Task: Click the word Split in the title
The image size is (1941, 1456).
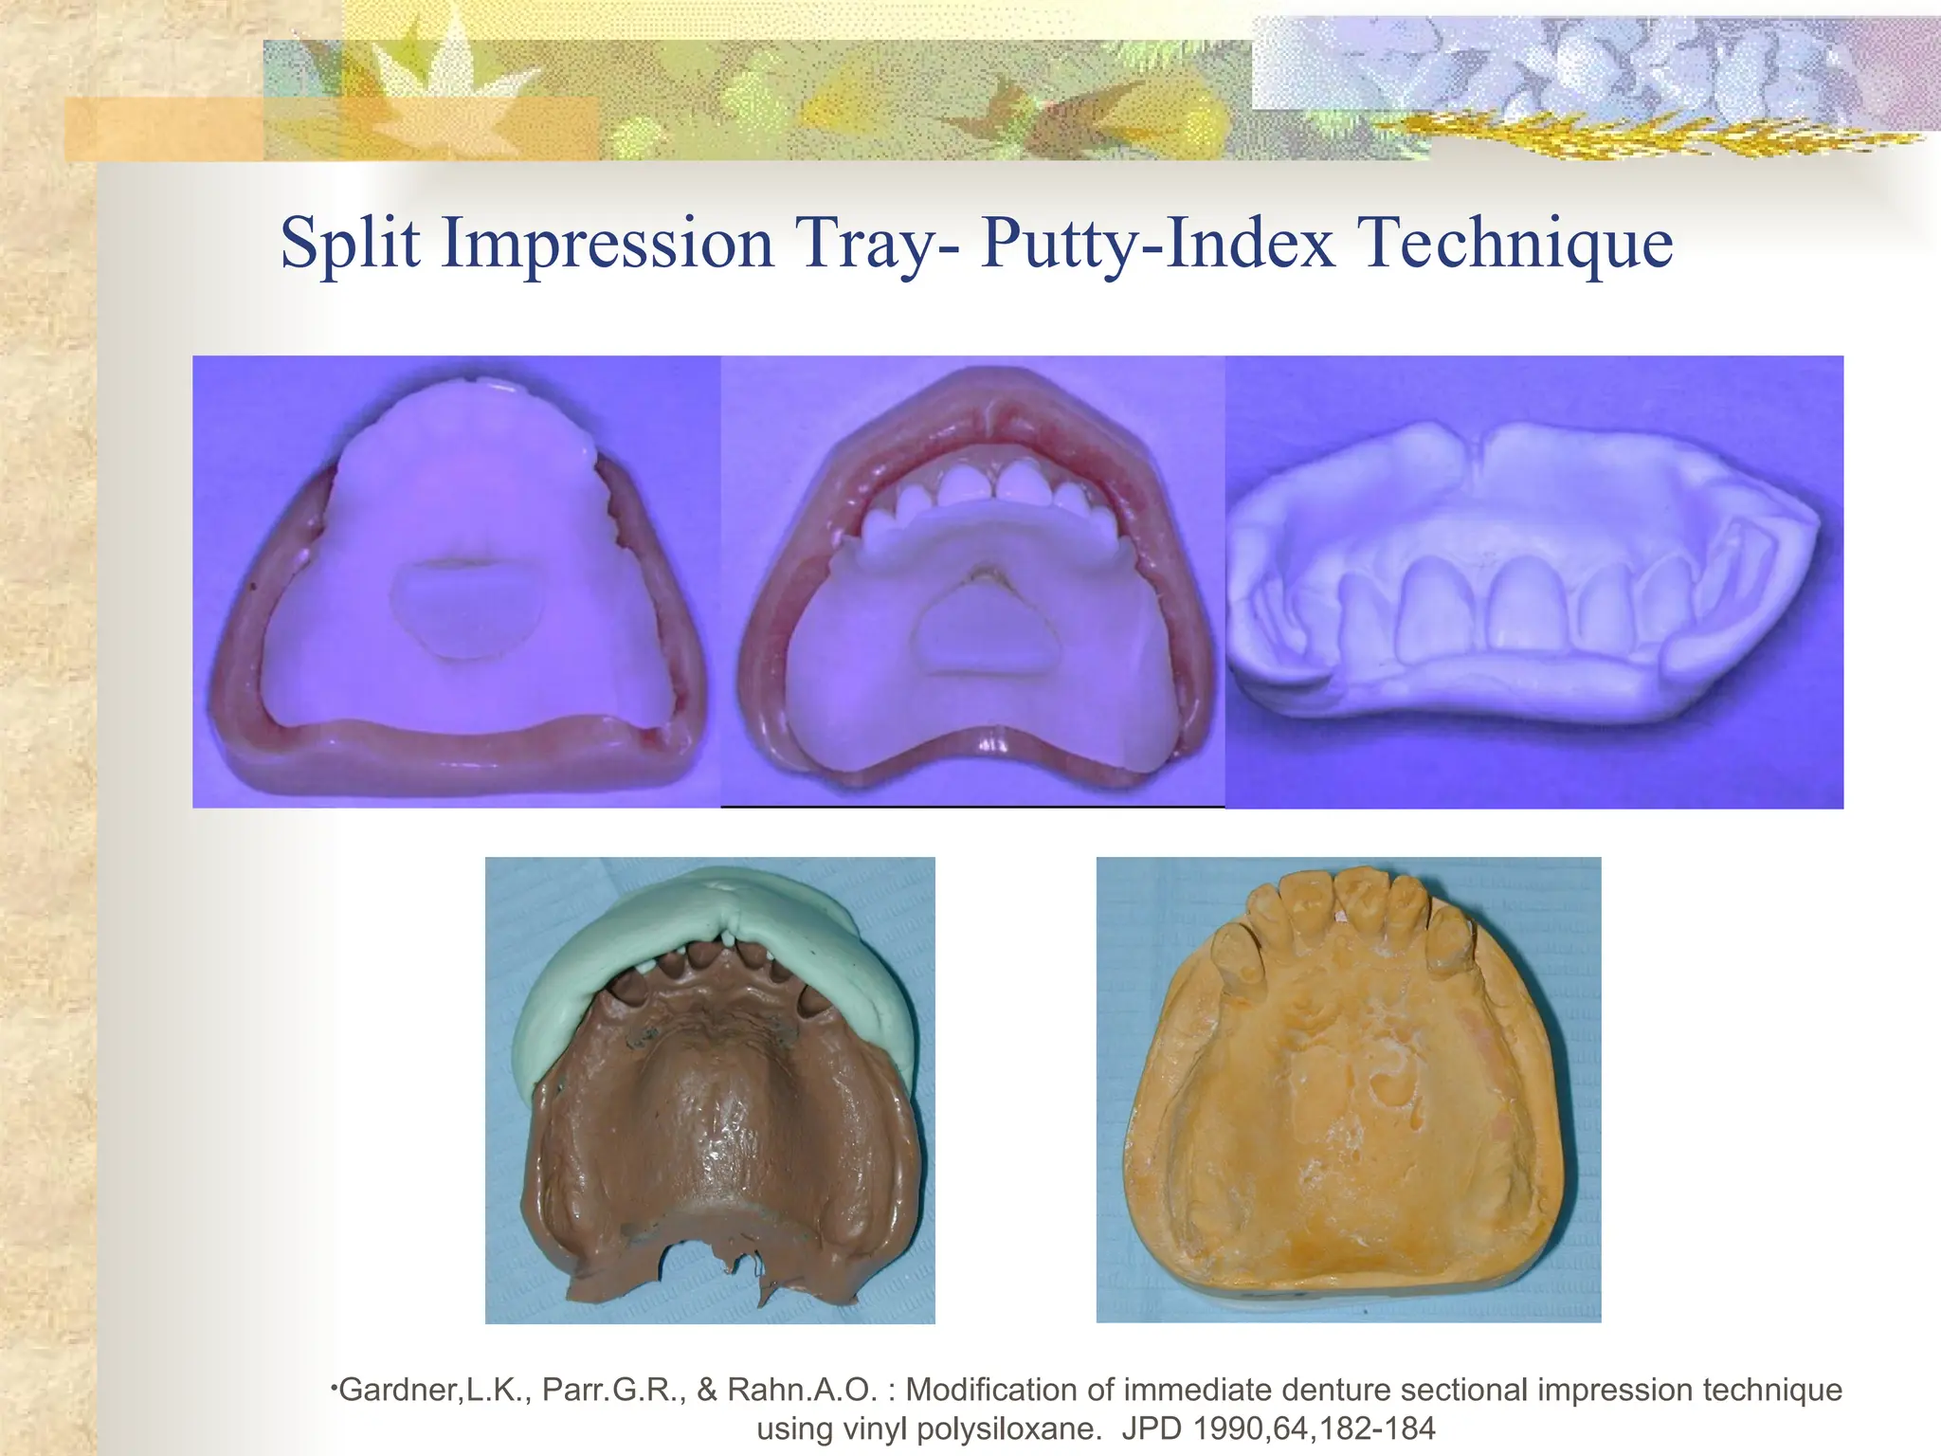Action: pos(350,244)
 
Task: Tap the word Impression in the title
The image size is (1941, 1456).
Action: pos(608,244)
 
